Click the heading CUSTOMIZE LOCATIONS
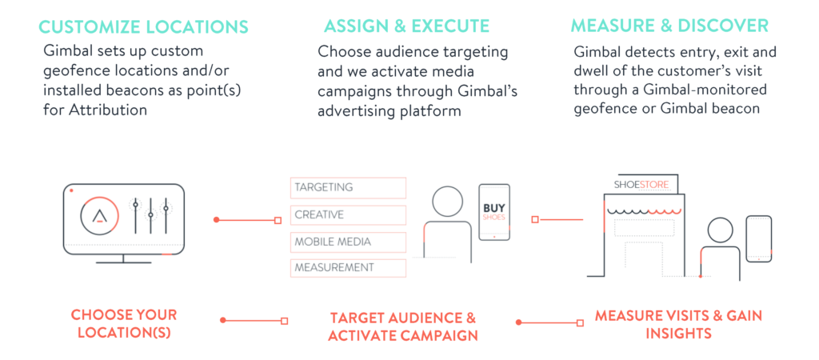point(144,26)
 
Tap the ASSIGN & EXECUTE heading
point(407,26)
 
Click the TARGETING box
point(349,188)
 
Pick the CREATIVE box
point(349,215)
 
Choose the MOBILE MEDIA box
point(349,242)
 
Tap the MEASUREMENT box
point(349,268)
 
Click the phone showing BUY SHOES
point(494,212)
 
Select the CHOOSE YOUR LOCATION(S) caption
point(124,324)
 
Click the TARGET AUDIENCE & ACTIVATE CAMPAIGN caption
point(403,326)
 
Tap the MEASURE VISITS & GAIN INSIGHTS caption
point(678,324)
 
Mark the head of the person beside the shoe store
point(721,231)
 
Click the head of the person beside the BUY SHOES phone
point(448,201)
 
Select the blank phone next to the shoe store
point(758,239)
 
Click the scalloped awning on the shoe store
point(645,211)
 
